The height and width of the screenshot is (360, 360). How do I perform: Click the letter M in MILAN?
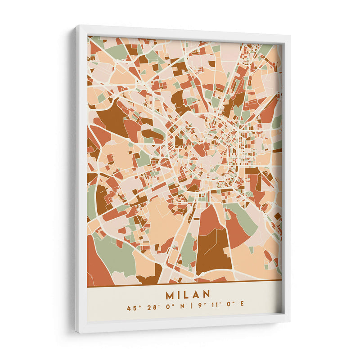click(x=171, y=294)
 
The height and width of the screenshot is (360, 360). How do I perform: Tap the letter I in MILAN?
click(x=179, y=294)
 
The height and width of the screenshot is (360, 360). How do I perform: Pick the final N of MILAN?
click(x=206, y=294)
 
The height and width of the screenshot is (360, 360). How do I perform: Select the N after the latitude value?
click(x=180, y=308)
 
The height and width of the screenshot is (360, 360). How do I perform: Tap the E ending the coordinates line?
click(x=242, y=308)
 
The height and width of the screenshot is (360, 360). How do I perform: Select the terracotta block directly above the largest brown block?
click(x=209, y=220)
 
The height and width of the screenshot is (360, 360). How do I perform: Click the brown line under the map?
click(x=184, y=283)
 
